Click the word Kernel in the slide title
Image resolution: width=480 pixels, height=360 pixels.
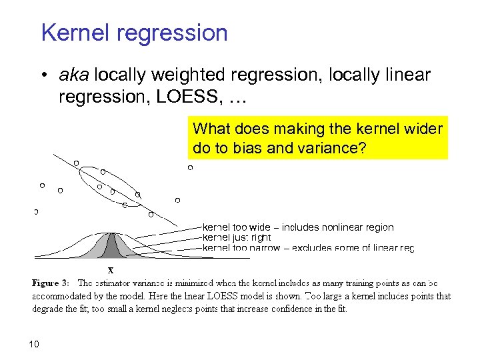[73, 33]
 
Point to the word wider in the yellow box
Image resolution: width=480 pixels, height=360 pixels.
[422, 129]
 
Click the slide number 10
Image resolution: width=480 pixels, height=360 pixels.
[35, 344]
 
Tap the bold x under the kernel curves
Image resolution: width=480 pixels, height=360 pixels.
[111, 271]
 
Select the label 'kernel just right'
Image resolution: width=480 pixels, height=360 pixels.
[236, 237]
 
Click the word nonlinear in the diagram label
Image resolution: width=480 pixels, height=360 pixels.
[341, 227]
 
